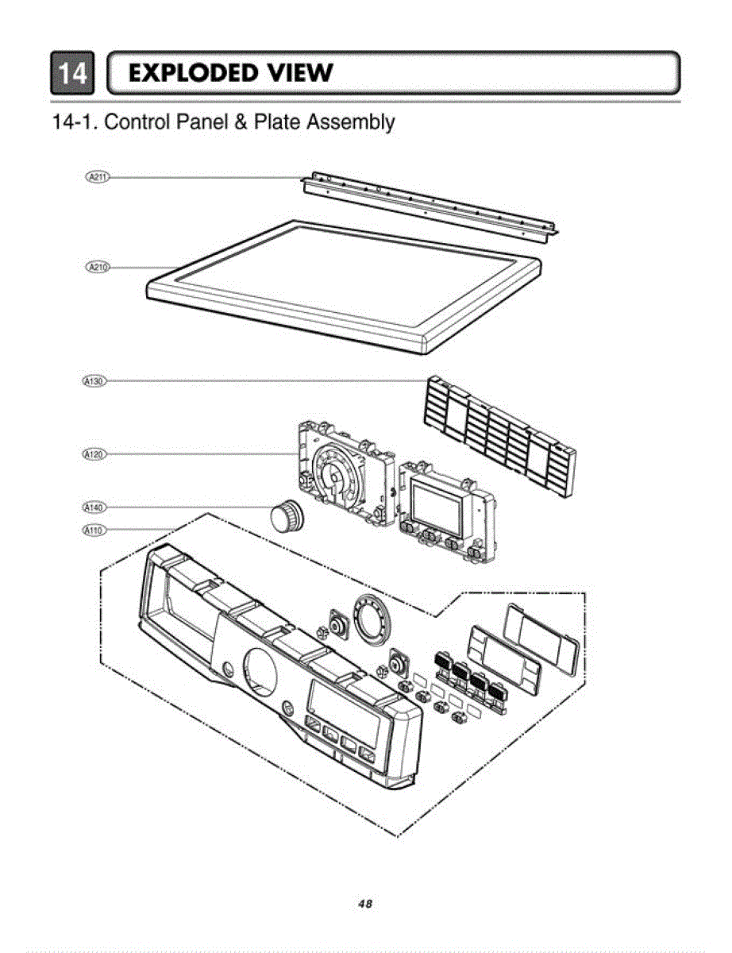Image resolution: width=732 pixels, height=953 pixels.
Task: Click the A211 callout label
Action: (x=97, y=176)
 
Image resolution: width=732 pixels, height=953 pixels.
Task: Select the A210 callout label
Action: (x=97, y=267)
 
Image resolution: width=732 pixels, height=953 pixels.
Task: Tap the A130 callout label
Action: (x=94, y=381)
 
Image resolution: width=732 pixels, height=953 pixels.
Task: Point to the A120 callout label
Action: (x=94, y=454)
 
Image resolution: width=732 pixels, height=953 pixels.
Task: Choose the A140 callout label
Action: (x=94, y=507)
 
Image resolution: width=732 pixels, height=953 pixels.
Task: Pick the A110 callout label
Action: (x=94, y=530)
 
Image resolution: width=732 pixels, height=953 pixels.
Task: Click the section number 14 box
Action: (x=72, y=73)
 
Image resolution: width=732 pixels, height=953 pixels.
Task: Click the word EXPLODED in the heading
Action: (x=191, y=73)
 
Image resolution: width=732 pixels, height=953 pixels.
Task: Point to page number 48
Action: (x=365, y=904)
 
